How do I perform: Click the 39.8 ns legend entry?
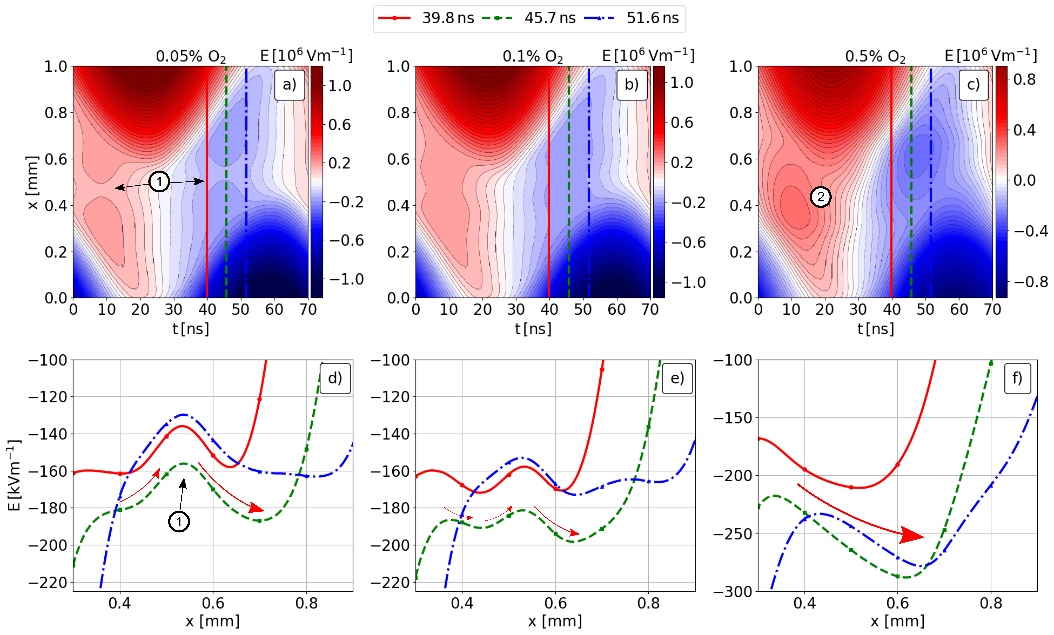(447, 18)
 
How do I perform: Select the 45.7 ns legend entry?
(550, 18)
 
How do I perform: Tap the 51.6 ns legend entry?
(652, 18)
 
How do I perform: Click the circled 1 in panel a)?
(159, 182)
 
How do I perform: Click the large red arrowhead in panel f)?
(911, 536)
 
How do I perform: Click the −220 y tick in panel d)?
(48, 582)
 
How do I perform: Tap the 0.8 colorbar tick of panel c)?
(1025, 79)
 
